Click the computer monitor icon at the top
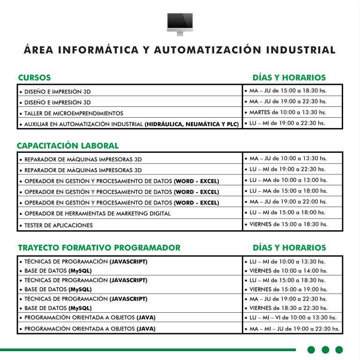coord(180,23)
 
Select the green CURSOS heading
coord(34,77)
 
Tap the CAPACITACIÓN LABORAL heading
coord(67,146)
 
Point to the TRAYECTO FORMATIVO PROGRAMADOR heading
coord(99,247)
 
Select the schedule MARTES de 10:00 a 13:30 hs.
coord(288,112)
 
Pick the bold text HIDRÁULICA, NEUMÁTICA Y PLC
coord(193,124)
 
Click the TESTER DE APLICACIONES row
coord(52,225)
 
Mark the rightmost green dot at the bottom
coord(339,350)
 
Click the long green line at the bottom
coord(148,350)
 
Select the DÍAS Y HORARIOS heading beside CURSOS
coord(289,77)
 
